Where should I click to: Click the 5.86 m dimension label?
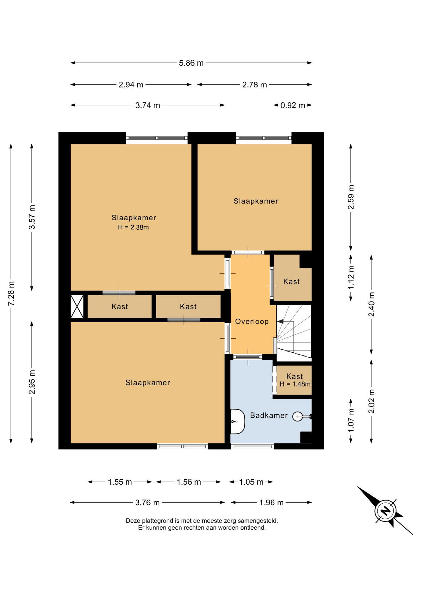(191, 63)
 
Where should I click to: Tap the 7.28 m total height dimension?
(11, 293)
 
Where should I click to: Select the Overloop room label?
(252, 321)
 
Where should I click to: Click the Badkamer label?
(269, 415)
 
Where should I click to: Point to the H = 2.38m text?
(133, 227)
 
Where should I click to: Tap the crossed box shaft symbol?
(77, 306)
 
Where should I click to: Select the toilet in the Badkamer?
(238, 421)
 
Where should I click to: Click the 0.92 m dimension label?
(293, 105)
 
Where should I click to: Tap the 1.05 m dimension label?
(251, 482)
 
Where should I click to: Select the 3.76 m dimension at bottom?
(147, 502)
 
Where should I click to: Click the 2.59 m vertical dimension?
(351, 197)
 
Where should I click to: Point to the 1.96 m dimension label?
(271, 502)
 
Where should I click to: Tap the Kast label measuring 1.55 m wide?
(120, 306)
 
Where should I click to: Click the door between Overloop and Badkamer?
(248, 357)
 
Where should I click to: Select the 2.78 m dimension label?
(255, 85)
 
